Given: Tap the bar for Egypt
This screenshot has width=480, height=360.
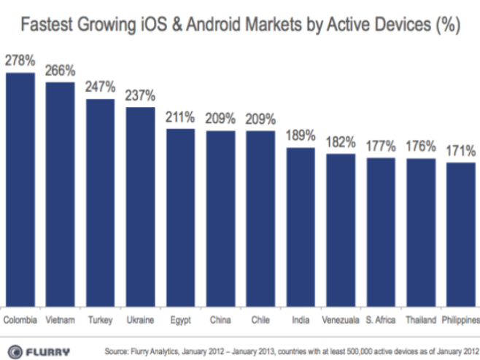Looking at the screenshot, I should (x=180, y=218).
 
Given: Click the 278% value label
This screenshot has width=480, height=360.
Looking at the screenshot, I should (x=20, y=62).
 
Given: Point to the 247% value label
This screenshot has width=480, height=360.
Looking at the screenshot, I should (x=100, y=87).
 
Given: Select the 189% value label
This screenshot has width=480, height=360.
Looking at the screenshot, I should (x=300, y=136).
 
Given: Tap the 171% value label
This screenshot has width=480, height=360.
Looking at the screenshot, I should (x=460, y=152).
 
